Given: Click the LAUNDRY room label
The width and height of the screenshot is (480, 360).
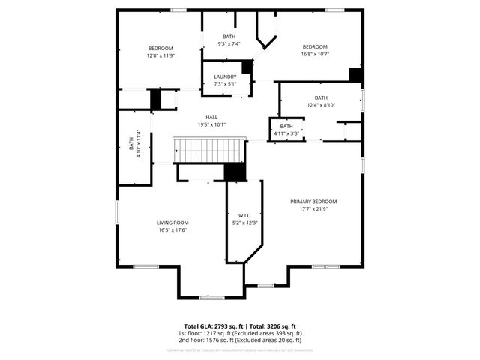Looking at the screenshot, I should pos(225,76).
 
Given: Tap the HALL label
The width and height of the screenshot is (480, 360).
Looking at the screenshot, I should pos(211,118).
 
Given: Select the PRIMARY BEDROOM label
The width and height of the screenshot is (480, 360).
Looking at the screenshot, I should pos(313,202).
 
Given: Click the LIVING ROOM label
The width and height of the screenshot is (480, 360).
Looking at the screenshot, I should pos(172,223).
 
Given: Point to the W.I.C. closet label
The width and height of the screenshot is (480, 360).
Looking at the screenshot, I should pos(244,215).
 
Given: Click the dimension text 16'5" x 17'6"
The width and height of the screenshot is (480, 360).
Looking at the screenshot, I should pos(172,230).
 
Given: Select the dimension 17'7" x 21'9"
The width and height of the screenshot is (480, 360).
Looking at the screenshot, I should pos(313,209).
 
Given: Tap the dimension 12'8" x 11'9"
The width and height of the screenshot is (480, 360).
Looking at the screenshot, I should pos(160,55).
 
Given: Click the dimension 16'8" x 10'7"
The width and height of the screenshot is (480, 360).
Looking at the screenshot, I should pos(315,55).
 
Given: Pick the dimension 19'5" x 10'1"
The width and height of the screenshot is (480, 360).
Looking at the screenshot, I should pos(211,125).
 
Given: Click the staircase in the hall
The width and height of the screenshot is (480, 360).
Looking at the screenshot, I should pos(210,151).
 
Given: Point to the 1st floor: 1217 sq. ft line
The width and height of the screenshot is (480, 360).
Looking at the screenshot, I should pos(240,333).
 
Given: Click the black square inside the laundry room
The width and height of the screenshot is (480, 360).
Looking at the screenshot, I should pos(247,67).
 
